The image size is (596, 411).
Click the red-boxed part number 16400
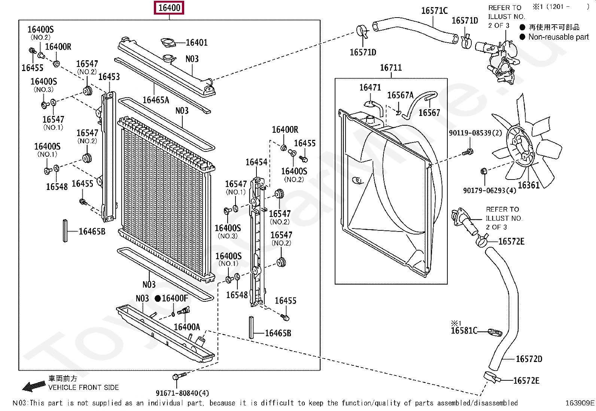(169, 8)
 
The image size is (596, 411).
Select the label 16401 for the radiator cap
(197, 43)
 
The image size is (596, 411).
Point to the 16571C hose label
(435, 10)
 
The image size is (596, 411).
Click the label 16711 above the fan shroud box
(391, 68)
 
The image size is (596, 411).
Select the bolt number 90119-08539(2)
(475, 133)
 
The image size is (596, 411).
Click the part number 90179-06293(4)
(490, 190)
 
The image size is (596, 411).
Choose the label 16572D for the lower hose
(529, 359)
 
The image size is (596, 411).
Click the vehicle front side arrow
(34, 386)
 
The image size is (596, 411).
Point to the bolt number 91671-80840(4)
(182, 393)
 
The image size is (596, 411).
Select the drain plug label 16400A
(187, 327)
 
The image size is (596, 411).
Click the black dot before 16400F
(158, 298)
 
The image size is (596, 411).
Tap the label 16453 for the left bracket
(109, 77)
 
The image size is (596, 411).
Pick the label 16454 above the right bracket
(256, 162)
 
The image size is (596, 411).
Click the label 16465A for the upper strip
(156, 100)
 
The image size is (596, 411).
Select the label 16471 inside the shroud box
(370, 87)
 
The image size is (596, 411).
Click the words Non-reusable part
(559, 37)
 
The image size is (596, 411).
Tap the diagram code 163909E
(580, 403)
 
